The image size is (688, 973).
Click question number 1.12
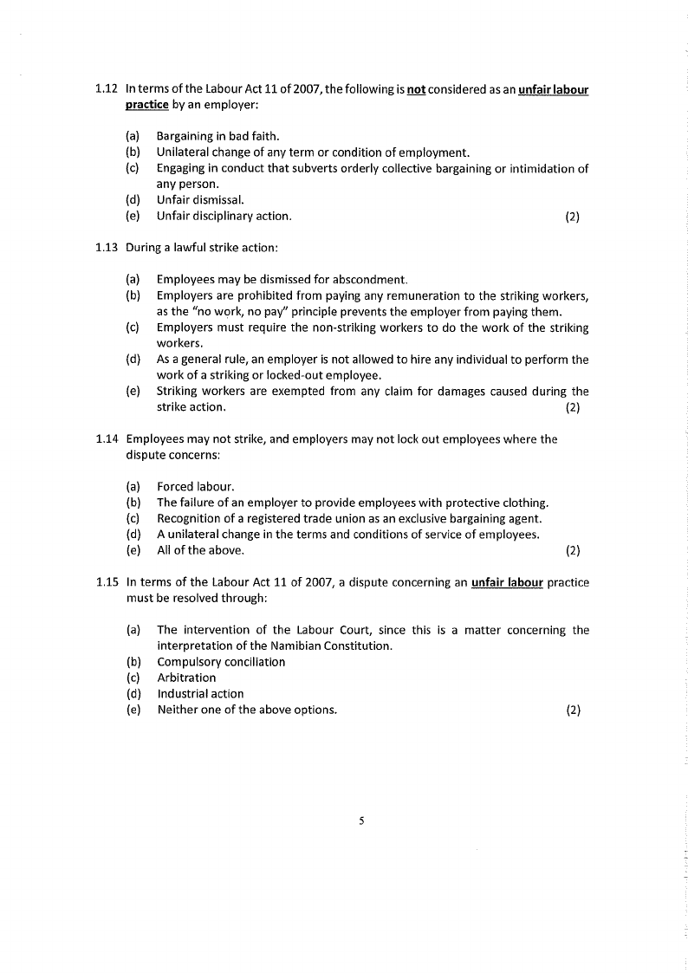click(x=107, y=90)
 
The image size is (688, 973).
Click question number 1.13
click(x=107, y=248)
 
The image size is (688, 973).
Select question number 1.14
click(x=107, y=439)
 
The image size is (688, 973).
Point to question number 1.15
click(x=107, y=583)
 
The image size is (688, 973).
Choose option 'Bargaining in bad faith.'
click(x=217, y=137)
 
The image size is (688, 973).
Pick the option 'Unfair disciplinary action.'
click(x=224, y=216)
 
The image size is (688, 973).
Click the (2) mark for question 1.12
click(x=572, y=217)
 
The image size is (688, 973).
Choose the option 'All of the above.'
click(x=200, y=550)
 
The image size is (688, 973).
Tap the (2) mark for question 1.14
click(x=572, y=550)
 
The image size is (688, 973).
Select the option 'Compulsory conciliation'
click(x=221, y=662)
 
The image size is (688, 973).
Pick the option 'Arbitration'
click(x=186, y=678)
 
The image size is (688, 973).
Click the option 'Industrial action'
click(x=200, y=694)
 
